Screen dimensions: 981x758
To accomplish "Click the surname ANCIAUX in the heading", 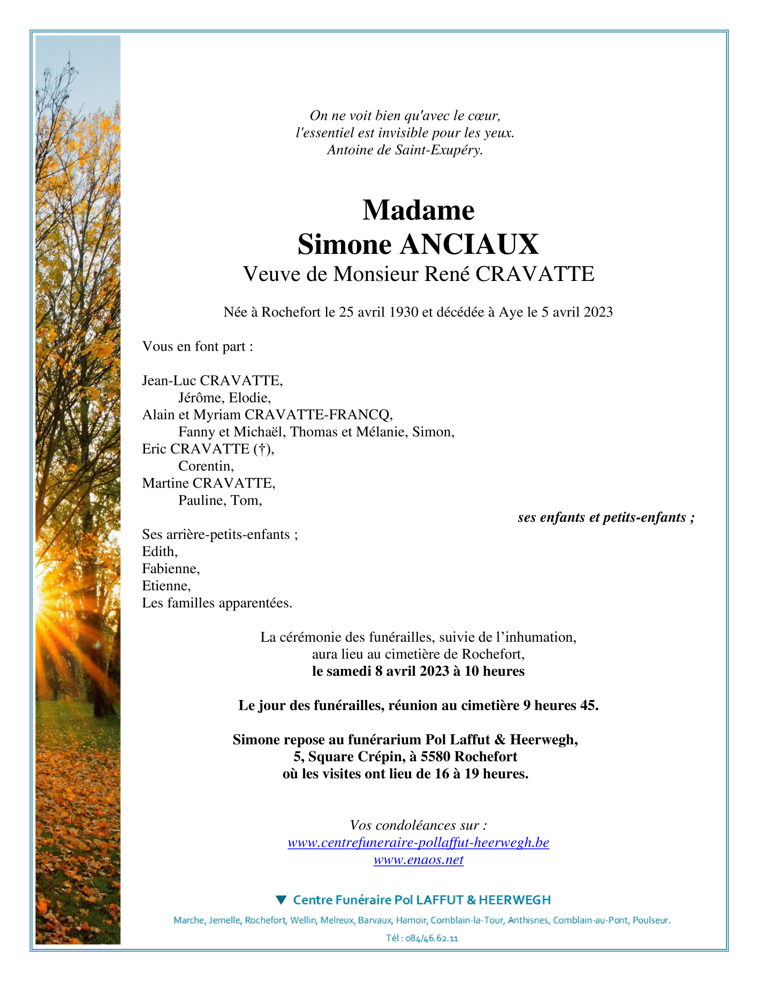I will click(469, 245).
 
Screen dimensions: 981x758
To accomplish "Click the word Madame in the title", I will click(418, 210).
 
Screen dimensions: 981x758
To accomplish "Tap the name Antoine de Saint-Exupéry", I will click(405, 150).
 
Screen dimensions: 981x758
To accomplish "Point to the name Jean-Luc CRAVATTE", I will click(212, 381).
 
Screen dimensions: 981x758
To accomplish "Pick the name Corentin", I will click(206, 466).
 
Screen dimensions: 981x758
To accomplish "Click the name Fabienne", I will click(170, 569).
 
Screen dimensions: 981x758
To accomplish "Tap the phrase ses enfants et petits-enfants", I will click(602, 518).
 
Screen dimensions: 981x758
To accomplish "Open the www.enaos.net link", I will click(418, 860).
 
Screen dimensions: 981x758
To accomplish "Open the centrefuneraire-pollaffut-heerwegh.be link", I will click(418, 843).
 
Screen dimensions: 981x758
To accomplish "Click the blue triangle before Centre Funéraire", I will click(281, 900).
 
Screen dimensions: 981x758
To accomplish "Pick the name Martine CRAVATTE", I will click(208, 483).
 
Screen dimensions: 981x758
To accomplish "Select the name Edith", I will click(159, 552).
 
